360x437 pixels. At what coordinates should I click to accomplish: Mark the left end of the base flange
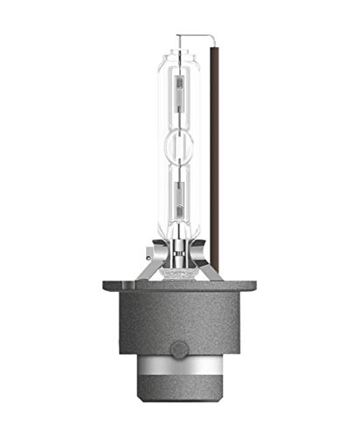click(107, 286)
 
